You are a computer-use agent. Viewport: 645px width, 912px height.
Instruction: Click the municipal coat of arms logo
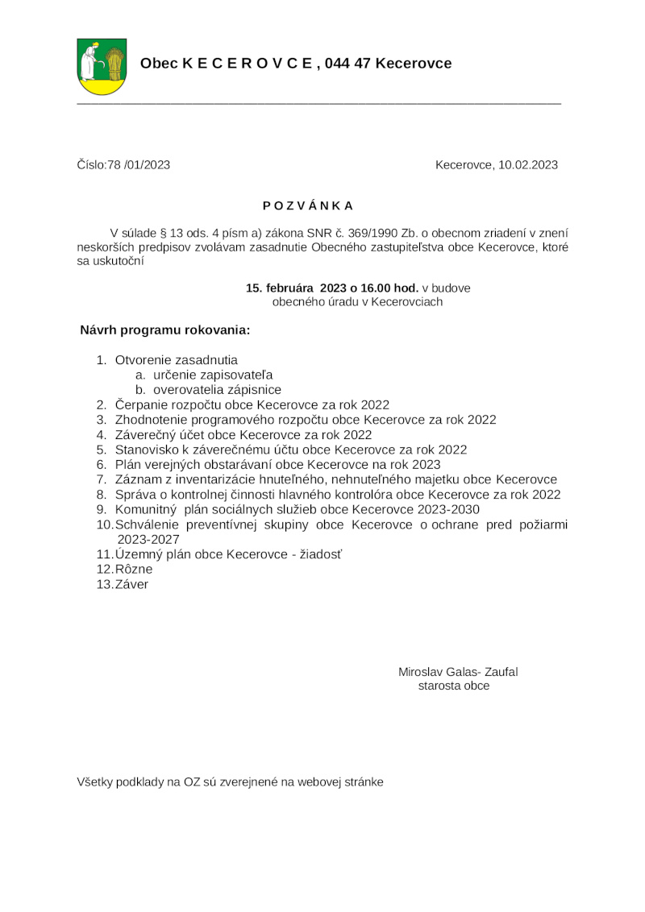click(102, 66)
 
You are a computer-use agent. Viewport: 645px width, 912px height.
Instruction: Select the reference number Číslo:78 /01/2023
click(123, 165)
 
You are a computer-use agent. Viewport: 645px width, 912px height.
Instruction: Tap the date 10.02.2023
click(528, 165)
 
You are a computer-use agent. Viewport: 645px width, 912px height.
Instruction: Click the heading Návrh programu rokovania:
click(165, 330)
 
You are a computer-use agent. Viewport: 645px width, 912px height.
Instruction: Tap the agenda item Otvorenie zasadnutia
click(177, 360)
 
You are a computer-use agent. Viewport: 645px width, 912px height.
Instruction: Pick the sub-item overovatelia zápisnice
click(217, 390)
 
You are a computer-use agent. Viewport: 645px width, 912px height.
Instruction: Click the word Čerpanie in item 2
click(141, 404)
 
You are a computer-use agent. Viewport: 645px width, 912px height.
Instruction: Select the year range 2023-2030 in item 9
click(441, 509)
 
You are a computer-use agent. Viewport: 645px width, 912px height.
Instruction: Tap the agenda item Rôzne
click(134, 570)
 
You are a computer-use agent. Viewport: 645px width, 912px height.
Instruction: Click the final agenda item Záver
click(132, 584)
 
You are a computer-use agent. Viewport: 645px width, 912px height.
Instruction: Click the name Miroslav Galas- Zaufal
click(457, 672)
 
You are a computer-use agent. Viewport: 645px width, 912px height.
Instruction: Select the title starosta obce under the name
click(454, 686)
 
